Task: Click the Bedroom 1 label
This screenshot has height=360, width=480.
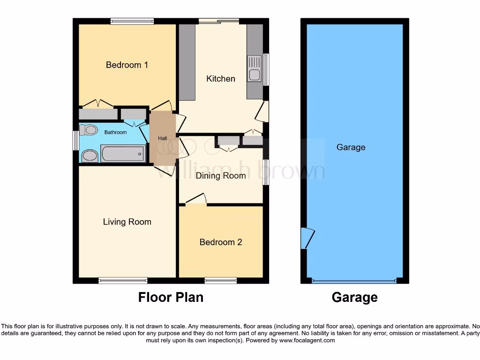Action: (127, 65)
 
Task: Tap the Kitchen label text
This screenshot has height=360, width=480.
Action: (220, 78)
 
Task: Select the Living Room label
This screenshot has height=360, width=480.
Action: (127, 222)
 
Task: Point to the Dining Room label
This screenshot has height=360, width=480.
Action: (220, 176)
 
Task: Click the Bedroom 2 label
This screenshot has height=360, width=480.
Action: (220, 242)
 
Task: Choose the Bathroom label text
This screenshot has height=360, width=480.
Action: (115, 133)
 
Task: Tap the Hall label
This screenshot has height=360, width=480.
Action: (162, 138)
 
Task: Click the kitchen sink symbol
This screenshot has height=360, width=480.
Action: (255, 68)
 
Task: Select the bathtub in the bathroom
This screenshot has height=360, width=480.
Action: (123, 153)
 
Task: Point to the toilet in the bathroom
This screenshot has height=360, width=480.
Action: (89, 130)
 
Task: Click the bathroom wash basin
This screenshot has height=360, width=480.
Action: (90, 156)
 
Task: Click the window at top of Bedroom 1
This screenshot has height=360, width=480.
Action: (132, 21)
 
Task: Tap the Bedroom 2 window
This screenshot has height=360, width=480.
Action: (220, 281)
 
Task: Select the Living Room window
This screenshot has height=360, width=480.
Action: (123, 281)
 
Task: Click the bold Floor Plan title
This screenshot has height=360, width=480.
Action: (171, 297)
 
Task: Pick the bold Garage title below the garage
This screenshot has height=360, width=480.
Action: (354, 297)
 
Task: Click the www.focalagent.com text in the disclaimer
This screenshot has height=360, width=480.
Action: (307, 340)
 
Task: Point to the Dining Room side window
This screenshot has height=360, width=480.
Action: (266, 172)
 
